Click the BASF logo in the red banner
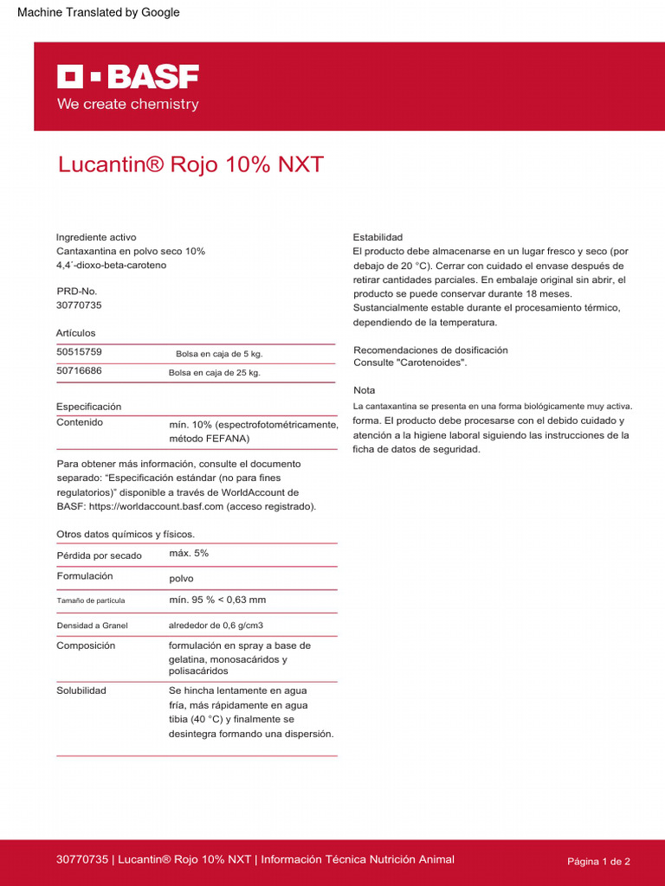[128, 77]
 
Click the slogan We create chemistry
[128, 105]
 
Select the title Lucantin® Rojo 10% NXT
[190, 164]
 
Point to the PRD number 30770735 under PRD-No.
[79, 305]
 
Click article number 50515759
[79, 352]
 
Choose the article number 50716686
[79, 371]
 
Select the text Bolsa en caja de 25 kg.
[214, 373]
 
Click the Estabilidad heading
[378, 237]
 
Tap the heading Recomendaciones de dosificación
[430, 350]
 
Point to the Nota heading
[365, 390]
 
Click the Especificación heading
[89, 407]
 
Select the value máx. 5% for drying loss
[189, 553]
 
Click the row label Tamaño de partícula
[91, 600]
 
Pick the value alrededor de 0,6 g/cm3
[216, 625]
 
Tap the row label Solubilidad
[81, 691]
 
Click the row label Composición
[86, 645]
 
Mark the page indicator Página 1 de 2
[598, 862]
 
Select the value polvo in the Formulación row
[182, 578]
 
